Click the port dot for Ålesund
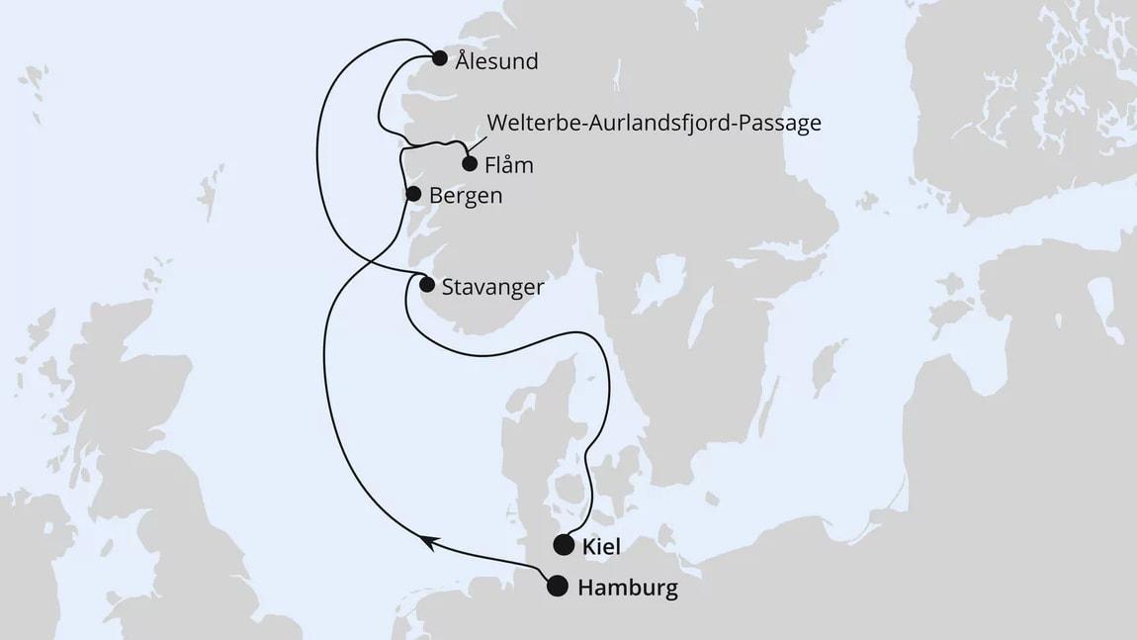click(x=440, y=57)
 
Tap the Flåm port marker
click(x=470, y=164)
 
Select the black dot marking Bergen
click(x=414, y=194)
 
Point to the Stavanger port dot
click(x=426, y=285)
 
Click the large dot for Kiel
click(x=564, y=543)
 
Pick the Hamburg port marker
click(x=558, y=587)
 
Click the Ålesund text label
click(x=497, y=61)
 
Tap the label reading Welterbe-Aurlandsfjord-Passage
click(x=654, y=124)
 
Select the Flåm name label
click(x=509, y=165)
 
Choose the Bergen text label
click(x=466, y=196)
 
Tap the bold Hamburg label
click(x=627, y=589)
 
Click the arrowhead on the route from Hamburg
click(x=428, y=540)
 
